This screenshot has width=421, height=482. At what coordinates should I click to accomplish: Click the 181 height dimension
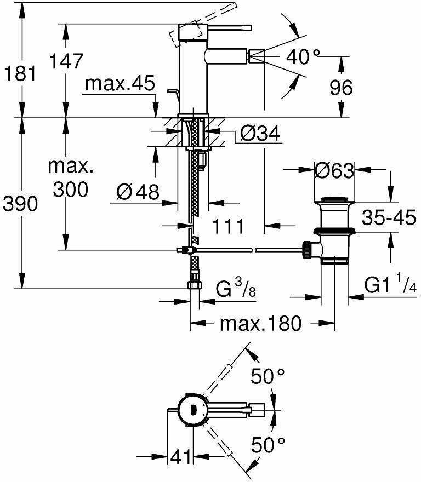pos(20,74)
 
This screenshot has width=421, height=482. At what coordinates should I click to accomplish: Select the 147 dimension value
pos(66,61)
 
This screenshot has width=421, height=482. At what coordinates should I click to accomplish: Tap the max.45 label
pos(120,83)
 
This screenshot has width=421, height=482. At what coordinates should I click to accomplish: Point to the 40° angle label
pos(303,56)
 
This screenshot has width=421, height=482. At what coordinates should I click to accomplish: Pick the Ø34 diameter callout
pos(260,134)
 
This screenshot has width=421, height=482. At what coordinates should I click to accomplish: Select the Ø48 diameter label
pos(138,192)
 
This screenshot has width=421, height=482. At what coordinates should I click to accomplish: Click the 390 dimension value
pos(20,204)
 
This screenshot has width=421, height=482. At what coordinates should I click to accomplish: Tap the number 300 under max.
pos(71,190)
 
